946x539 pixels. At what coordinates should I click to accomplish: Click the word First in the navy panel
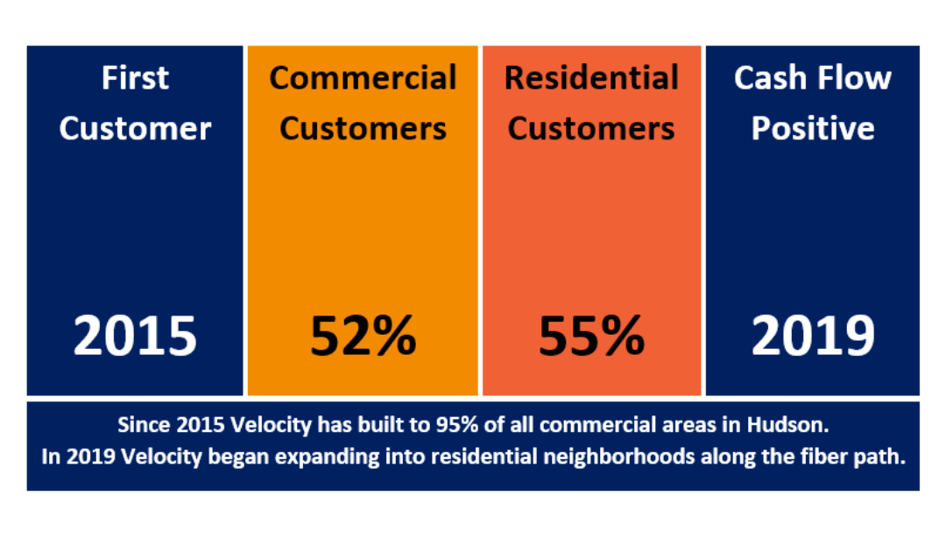135,78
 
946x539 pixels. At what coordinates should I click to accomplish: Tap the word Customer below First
135,129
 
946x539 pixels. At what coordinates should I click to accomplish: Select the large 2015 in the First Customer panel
135,336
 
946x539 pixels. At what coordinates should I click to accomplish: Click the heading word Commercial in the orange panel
363,78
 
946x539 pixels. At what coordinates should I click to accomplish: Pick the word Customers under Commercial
363,129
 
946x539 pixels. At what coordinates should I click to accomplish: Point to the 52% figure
363,336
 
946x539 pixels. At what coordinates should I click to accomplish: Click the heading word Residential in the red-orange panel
591,78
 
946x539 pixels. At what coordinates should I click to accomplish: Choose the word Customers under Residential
591,129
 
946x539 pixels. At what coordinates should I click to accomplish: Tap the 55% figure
591,336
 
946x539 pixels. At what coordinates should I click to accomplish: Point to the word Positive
813,129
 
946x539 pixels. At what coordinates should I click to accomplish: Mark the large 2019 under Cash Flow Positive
813,336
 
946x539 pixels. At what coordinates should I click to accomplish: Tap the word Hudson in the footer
788,425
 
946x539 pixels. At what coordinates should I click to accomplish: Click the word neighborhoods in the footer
619,457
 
